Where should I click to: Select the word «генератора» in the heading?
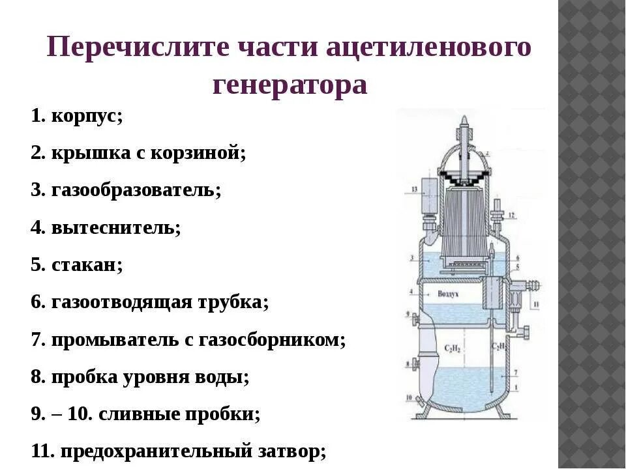pyautogui.click(x=290, y=85)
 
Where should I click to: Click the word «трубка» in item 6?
pyautogui.click(x=232, y=302)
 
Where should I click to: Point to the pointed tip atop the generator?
pyautogui.click(x=464, y=121)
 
